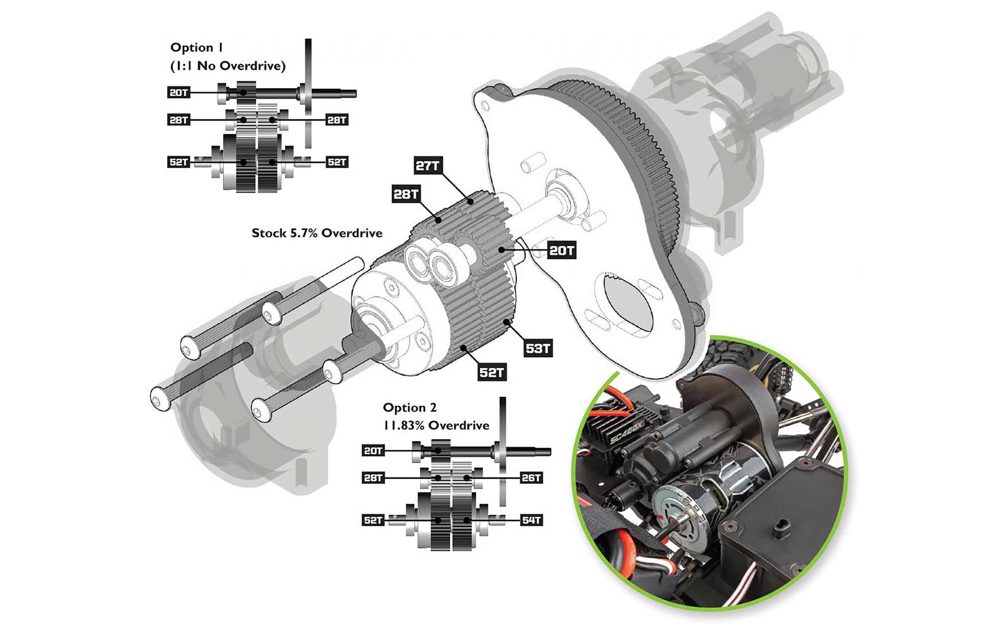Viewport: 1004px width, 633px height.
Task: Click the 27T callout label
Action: (x=427, y=166)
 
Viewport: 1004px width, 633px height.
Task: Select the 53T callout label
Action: (x=538, y=348)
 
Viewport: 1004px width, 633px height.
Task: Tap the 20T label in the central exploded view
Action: (x=561, y=251)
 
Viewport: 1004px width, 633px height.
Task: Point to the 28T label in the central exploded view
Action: (x=406, y=194)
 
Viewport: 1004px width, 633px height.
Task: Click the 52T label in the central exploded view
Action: (x=492, y=373)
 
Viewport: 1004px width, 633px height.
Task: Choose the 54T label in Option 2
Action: (x=531, y=520)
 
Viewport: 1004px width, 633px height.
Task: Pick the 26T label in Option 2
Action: (x=531, y=478)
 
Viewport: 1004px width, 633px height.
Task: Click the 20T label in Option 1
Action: (x=179, y=92)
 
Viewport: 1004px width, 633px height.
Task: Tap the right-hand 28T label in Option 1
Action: (x=337, y=120)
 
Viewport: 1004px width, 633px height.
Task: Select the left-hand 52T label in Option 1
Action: (x=179, y=162)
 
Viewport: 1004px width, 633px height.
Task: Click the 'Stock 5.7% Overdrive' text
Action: (x=317, y=233)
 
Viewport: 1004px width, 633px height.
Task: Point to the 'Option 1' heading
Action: (x=196, y=48)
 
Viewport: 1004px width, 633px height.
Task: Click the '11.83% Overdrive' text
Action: (x=436, y=425)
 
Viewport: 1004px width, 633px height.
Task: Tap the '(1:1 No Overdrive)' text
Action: (x=228, y=66)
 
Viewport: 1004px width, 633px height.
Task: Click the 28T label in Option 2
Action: (x=373, y=478)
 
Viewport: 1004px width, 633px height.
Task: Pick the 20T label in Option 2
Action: (x=373, y=451)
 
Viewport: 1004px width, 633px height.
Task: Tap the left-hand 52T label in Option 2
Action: (x=373, y=520)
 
